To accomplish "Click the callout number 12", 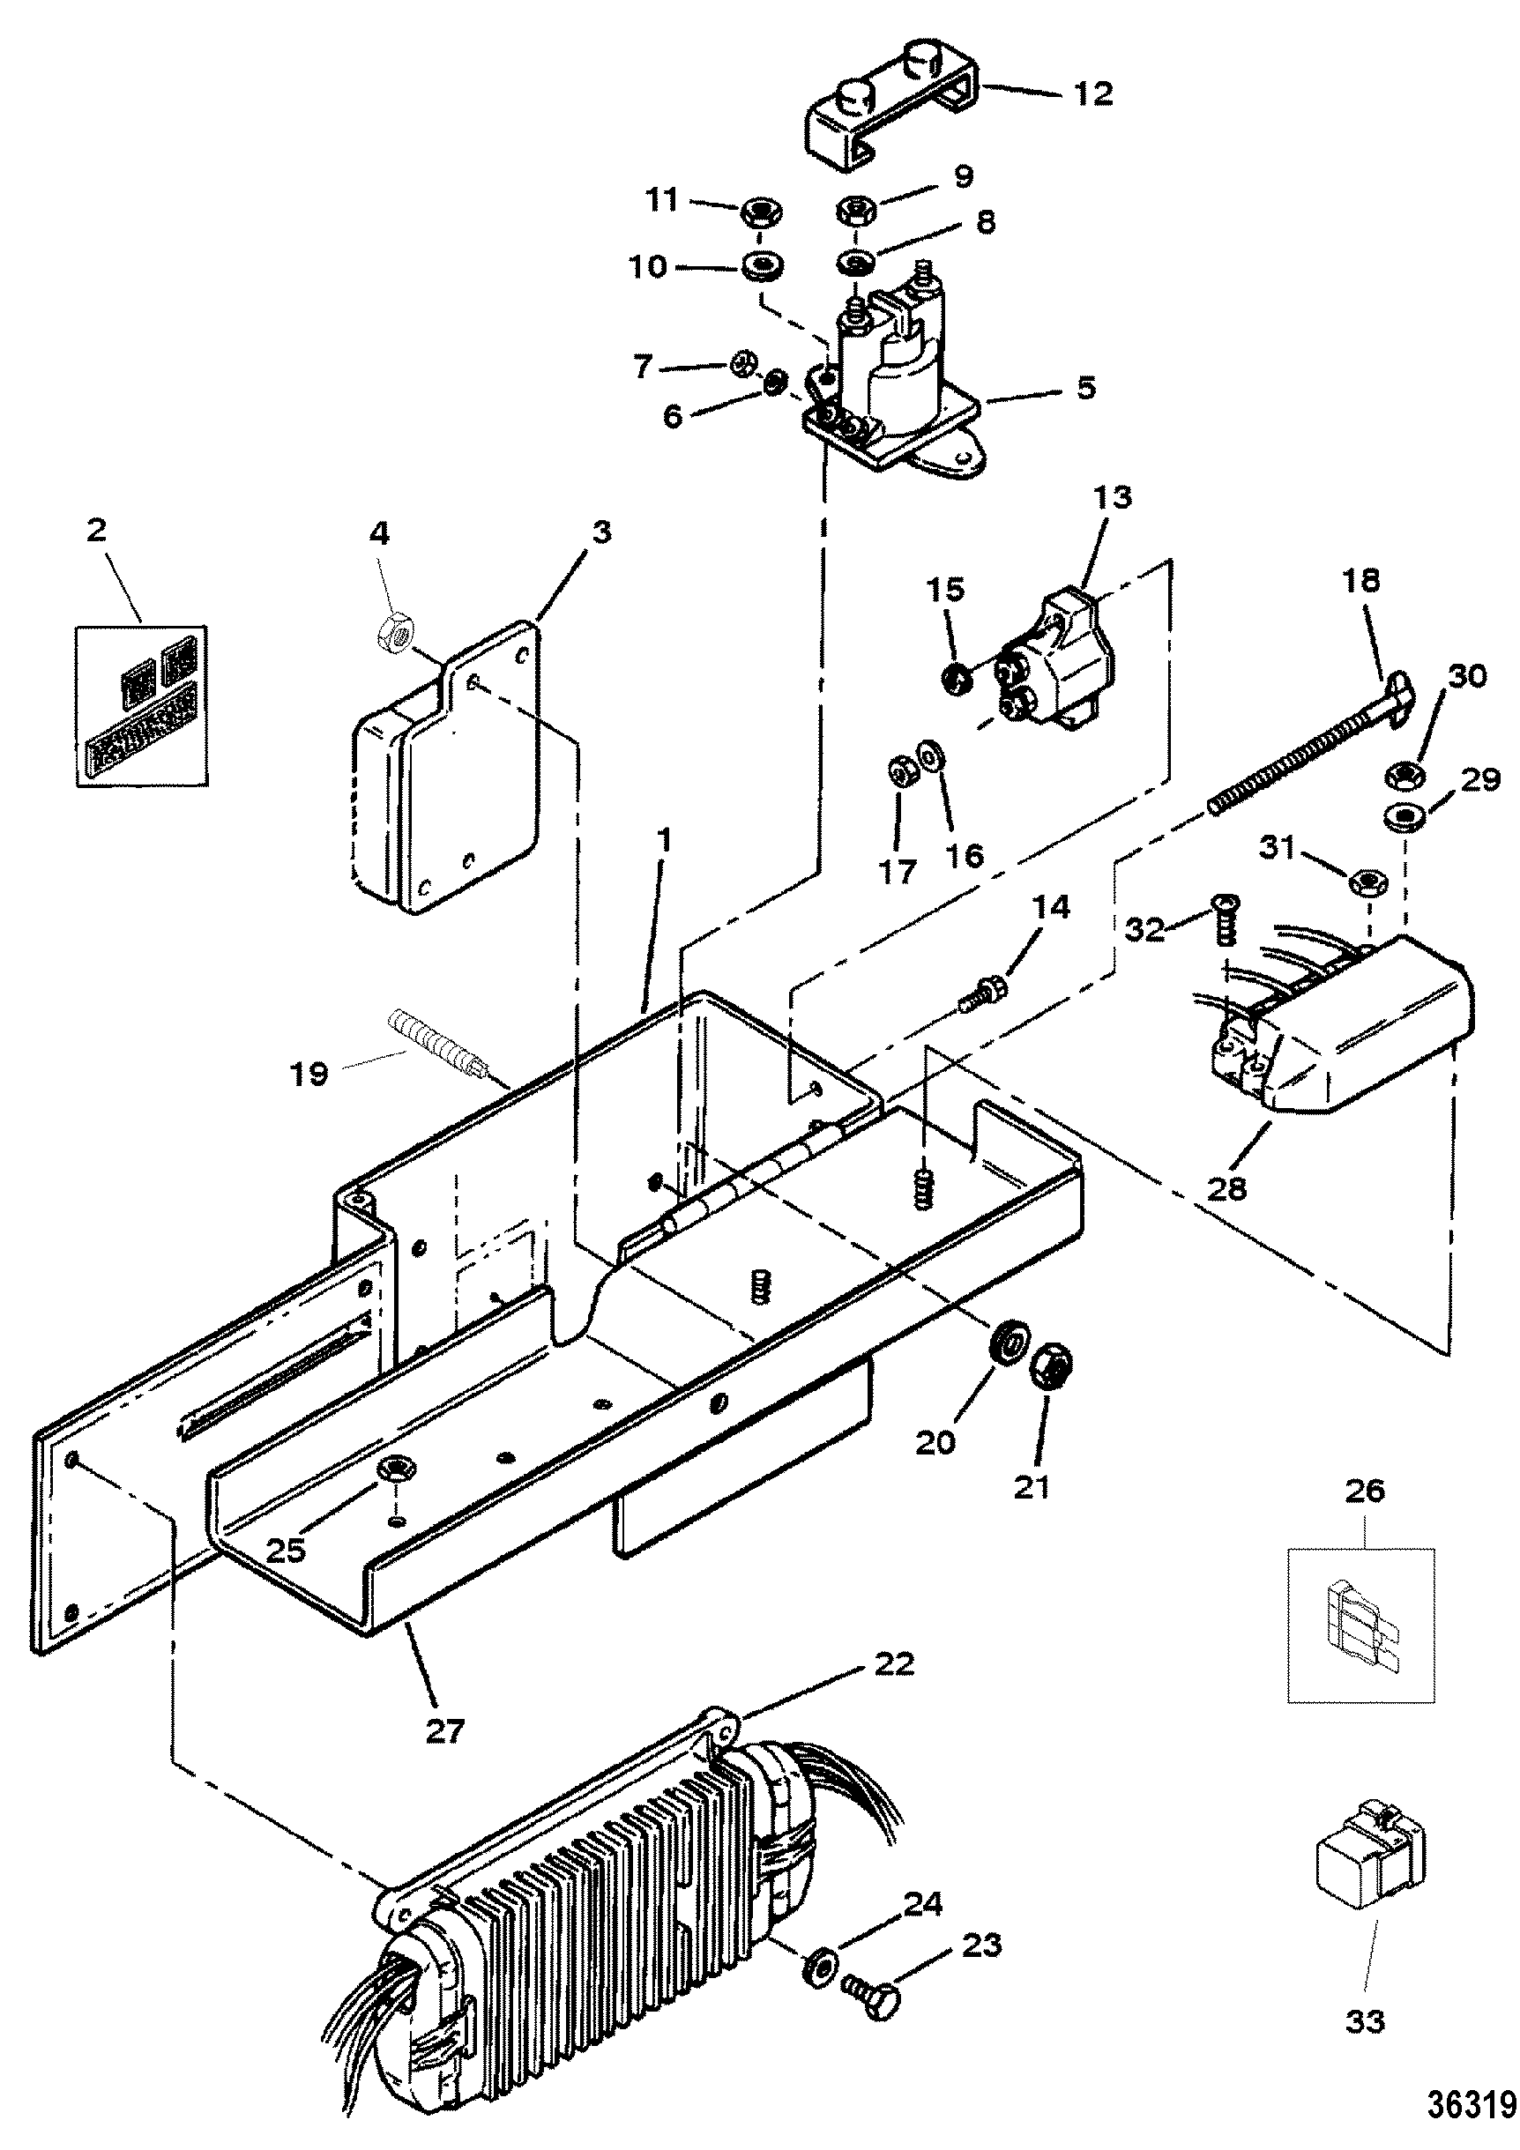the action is (1094, 93).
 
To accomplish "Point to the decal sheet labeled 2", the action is (140, 704).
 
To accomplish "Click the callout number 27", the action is (445, 1730).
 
